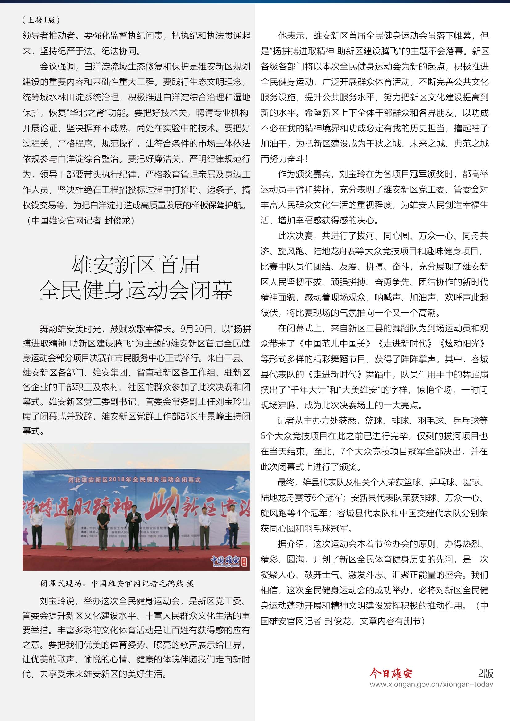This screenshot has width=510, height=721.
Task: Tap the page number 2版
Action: click(486, 673)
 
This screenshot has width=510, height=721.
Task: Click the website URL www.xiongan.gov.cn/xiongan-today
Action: click(431, 684)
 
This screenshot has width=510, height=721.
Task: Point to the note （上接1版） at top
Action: click(41, 20)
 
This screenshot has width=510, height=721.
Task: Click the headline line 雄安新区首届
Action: click(136, 264)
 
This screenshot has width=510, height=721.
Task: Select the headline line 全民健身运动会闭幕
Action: click(136, 290)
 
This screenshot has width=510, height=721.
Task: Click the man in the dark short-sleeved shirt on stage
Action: click(103, 527)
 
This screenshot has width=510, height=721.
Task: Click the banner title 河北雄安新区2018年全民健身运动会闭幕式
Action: click(134, 480)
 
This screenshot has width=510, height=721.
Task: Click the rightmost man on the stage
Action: click(232, 527)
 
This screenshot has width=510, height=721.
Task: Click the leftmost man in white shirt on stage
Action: click(36, 527)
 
